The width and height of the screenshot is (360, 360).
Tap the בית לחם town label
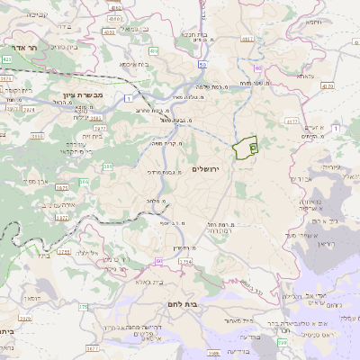[x=183, y=304]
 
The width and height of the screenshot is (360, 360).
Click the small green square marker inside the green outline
[x=252, y=146]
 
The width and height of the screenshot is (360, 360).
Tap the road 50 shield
[x=204, y=65]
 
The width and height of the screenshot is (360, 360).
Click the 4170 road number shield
[x=328, y=86]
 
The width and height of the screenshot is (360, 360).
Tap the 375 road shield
[x=85, y=306]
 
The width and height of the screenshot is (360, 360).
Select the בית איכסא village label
[x=140, y=65]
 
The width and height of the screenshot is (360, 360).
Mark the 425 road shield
[x=7, y=58]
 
